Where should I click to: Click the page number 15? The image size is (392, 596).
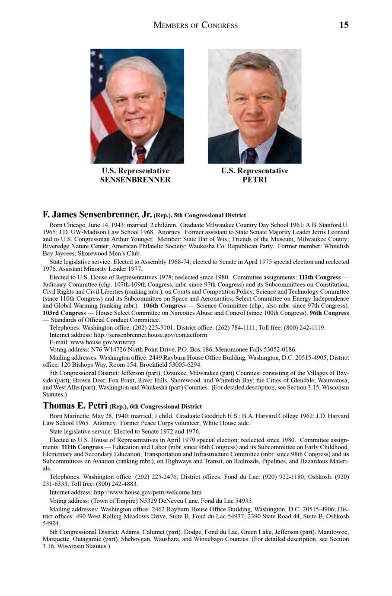[344, 25]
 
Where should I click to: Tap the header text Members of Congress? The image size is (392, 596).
[195, 25]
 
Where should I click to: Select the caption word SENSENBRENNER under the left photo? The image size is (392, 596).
[135, 180]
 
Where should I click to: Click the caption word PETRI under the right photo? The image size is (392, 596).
[255, 180]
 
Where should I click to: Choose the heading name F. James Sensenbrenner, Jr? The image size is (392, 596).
[97, 214]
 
